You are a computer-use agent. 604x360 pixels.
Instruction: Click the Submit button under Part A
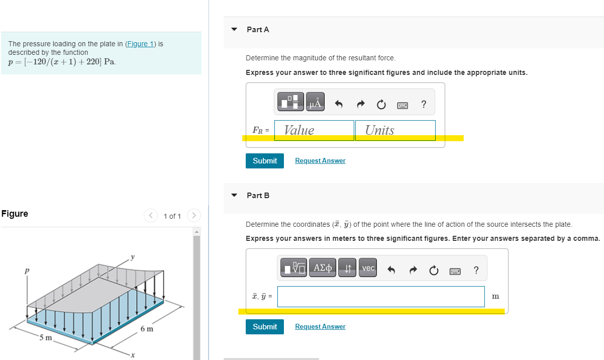tap(265, 161)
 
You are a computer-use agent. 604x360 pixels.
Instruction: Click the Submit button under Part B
tap(265, 327)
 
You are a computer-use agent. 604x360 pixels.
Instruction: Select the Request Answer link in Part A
tap(320, 161)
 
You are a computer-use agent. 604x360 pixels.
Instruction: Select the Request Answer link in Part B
tap(320, 327)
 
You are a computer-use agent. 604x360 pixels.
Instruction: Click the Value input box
tap(314, 130)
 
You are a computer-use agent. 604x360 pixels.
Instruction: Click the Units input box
tap(395, 130)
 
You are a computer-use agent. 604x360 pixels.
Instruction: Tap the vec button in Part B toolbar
tap(368, 268)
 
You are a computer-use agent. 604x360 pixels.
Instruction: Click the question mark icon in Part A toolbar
tap(424, 105)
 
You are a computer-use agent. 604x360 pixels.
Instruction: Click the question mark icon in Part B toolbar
tap(476, 271)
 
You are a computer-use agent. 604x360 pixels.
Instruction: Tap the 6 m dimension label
tap(147, 329)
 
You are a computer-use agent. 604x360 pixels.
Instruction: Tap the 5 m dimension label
tap(46, 337)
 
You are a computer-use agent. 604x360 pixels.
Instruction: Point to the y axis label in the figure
tap(133, 257)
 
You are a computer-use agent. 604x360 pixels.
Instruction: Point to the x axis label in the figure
tap(133, 355)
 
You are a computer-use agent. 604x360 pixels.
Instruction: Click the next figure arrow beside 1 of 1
tap(194, 216)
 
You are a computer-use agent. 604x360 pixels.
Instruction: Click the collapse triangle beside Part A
tap(234, 30)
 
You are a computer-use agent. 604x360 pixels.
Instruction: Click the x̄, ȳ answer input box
tap(381, 297)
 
